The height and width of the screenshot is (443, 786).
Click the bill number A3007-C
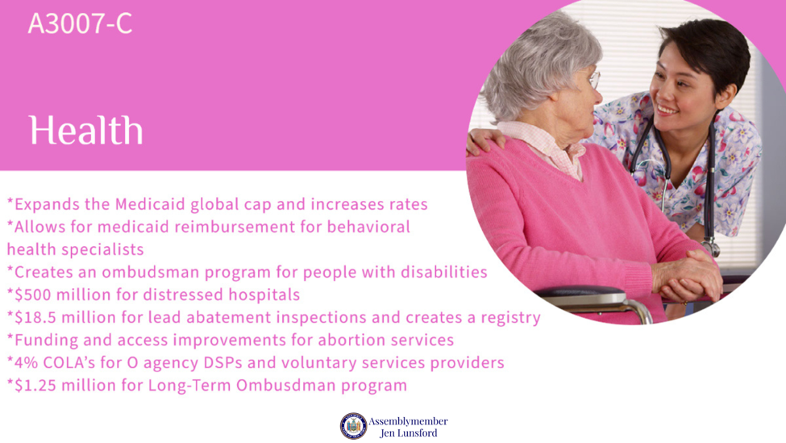coord(80,23)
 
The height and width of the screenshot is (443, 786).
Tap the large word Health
coord(85,131)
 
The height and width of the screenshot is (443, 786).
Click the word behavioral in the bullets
coord(368,227)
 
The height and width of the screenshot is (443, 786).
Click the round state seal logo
coord(353,426)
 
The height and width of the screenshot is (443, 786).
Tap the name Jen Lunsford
coord(408,433)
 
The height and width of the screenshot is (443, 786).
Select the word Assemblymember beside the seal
coord(408,421)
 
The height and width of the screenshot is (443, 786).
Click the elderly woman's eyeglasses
coord(594,80)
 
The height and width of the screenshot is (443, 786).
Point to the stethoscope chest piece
coord(710,249)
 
